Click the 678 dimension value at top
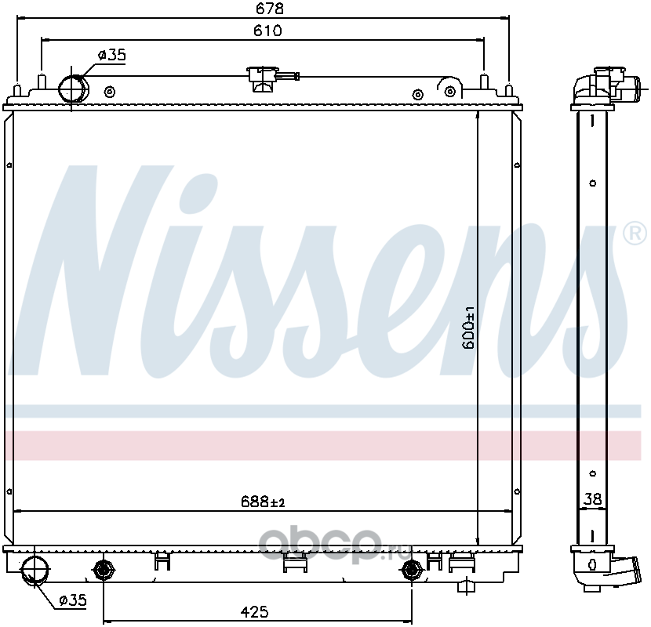coord(270,9)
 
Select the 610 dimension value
coord(267,31)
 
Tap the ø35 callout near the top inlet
coord(111,55)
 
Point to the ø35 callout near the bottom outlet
coord(73,600)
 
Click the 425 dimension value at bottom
coord(254,611)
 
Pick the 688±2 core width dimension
coord(263,502)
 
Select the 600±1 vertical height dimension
coord(468,328)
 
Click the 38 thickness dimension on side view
coord(592,498)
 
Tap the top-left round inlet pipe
coord(74,89)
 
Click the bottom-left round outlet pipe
coord(35,570)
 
